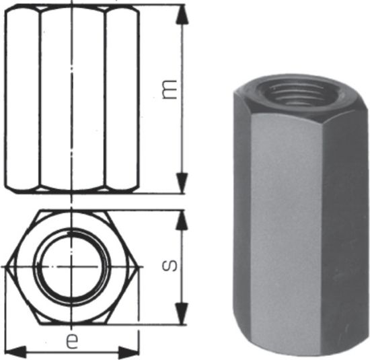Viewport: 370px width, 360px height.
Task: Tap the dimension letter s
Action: coord(172,264)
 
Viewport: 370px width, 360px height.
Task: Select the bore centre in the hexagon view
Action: coord(71,267)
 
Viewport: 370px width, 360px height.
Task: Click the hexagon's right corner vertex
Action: coord(138,267)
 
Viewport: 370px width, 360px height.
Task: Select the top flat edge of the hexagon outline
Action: coord(72,211)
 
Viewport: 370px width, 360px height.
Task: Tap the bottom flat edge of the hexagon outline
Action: coord(72,323)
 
